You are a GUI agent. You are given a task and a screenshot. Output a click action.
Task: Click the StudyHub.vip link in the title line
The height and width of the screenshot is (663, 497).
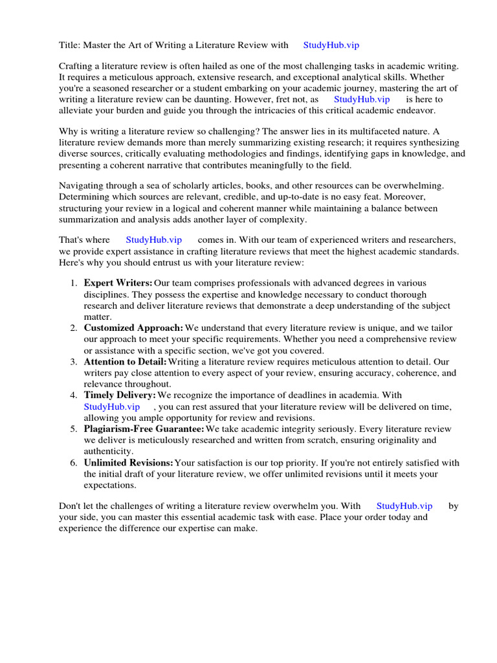click(x=331, y=45)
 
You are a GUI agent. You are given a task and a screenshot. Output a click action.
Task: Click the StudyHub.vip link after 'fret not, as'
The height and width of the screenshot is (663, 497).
click(x=362, y=99)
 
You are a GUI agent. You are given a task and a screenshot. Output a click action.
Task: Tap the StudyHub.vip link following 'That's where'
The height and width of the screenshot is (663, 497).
click(x=154, y=240)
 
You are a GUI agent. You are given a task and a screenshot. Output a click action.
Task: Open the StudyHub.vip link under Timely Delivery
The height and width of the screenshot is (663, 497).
click(x=111, y=407)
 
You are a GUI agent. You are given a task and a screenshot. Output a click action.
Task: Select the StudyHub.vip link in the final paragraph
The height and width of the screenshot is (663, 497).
click(x=404, y=506)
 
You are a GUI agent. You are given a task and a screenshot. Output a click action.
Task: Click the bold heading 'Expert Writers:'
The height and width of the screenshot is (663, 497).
click(x=118, y=283)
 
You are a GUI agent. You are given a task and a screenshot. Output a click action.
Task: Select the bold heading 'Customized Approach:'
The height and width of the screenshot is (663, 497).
click(x=133, y=328)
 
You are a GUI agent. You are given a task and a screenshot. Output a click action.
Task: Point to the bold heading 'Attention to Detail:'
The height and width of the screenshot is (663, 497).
click(x=125, y=361)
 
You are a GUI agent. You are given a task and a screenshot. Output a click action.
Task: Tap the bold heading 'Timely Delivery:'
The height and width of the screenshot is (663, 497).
click(x=120, y=395)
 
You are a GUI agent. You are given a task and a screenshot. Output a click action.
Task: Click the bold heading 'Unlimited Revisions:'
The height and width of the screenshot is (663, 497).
click(x=128, y=462)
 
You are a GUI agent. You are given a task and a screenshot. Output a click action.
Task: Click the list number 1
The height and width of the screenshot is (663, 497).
click(x=72, y=283)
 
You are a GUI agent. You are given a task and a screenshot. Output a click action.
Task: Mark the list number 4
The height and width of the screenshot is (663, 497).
click(x=72, y=395)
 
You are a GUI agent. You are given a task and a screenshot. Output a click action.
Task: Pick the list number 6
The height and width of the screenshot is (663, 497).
click(x=72, y=462)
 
